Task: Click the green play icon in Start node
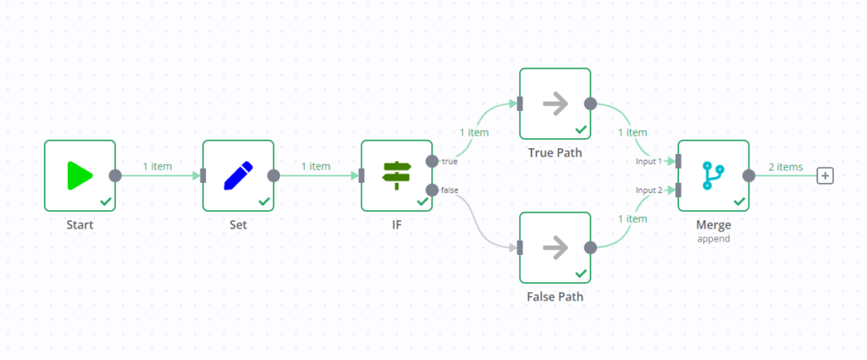(80, 175)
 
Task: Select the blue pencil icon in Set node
(238, 175)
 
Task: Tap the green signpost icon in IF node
(396, 175)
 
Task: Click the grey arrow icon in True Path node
(555, 103)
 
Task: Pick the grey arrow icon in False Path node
(555, 247)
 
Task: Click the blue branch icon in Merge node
(713, 175)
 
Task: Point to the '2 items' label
(785, 167)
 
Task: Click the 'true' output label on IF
(450, 161)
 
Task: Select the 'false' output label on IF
(450, 191)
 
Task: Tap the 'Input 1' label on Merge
(649, 161)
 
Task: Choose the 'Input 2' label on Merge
(649, 191)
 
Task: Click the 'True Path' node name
(555, 153)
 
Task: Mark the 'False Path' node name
(555, 297)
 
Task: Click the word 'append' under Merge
(713, 239)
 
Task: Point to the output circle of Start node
(115, 175)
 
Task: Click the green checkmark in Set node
(264, 202)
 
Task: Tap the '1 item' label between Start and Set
(157, 166)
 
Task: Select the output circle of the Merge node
(748, 175)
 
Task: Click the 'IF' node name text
(396, 225)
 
